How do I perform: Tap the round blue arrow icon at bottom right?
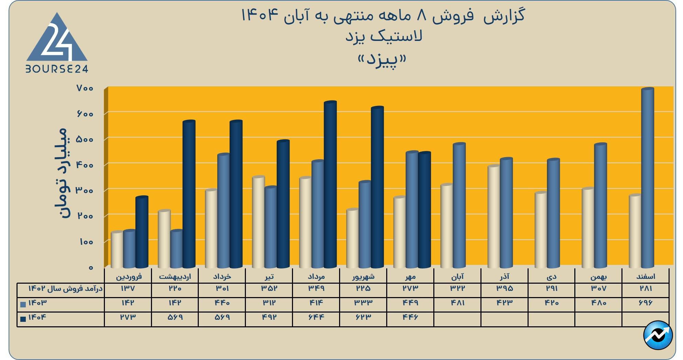coord(658,335)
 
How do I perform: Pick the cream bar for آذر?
coord(494,216)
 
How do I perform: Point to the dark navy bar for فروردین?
coord(142,232)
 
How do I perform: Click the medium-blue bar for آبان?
coord(459,205)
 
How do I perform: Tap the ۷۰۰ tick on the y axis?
coord(85,88)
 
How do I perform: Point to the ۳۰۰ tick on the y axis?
coord(85,190)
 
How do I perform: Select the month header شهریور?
coord(363,276)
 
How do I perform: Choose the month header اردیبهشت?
coord(175,276)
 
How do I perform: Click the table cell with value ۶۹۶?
coord(645,303)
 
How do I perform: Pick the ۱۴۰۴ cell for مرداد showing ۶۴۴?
coord(316,317)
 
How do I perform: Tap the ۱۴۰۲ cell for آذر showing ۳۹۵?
coord(504,288)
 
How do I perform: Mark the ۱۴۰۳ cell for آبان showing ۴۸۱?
coord(457,303)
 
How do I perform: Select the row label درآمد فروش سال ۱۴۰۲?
coord(65,288)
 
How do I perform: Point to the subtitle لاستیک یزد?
coord(384,36)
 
